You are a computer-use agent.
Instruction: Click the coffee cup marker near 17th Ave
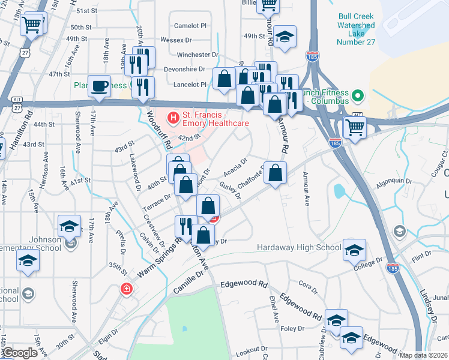[99, 86]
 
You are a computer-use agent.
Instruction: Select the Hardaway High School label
[299, 247]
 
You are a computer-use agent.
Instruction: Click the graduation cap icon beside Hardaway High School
[354, 249]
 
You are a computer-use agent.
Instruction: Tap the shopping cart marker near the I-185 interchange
[355, 127]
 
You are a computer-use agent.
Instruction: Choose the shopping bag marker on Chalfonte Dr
[275, 173]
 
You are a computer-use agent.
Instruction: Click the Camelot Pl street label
[190, 26]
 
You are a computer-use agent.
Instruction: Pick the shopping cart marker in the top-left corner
[31, 25]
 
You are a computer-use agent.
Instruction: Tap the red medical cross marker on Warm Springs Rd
[126, 289]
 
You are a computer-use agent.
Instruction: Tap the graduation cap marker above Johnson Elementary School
[70, 226]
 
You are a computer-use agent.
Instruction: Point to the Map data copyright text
[423, 355]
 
